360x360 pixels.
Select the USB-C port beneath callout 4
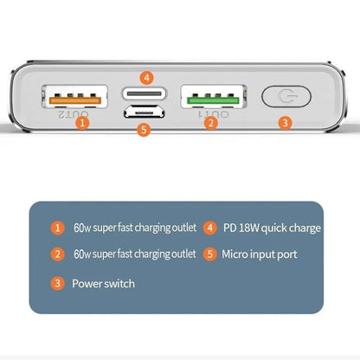144,93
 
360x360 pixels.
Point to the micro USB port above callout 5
144,113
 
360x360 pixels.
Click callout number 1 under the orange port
82,123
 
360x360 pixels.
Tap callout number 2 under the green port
210,123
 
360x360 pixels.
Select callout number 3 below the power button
285,123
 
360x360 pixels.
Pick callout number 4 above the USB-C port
146,76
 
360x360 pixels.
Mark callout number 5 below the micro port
145,131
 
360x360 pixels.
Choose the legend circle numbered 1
58,228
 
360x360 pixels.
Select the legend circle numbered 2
58,254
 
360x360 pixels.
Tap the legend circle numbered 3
58,283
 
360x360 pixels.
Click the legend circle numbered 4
210,228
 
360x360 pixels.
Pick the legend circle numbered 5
210,254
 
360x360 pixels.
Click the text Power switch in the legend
103,283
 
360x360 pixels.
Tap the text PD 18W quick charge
271,228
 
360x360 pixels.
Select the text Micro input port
260,254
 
